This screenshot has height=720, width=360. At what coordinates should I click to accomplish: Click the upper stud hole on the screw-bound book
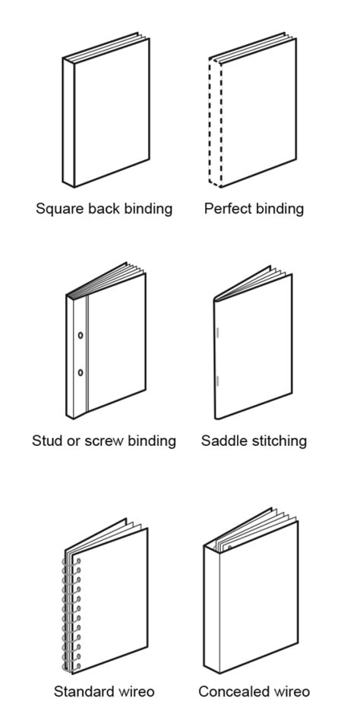pyautogui.click(x=81, y=334)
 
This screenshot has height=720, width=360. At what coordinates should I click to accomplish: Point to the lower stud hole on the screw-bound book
pyautogui.click(x=81, y=372)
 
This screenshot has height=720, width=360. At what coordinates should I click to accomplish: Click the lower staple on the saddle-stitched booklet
pyautogui.click(x=217, y=381)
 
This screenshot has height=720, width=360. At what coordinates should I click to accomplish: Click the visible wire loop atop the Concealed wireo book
pyautogui.click(x=228, y=545)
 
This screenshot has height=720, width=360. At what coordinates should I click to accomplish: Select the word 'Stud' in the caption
pyautogui.click(x=47, y=441)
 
